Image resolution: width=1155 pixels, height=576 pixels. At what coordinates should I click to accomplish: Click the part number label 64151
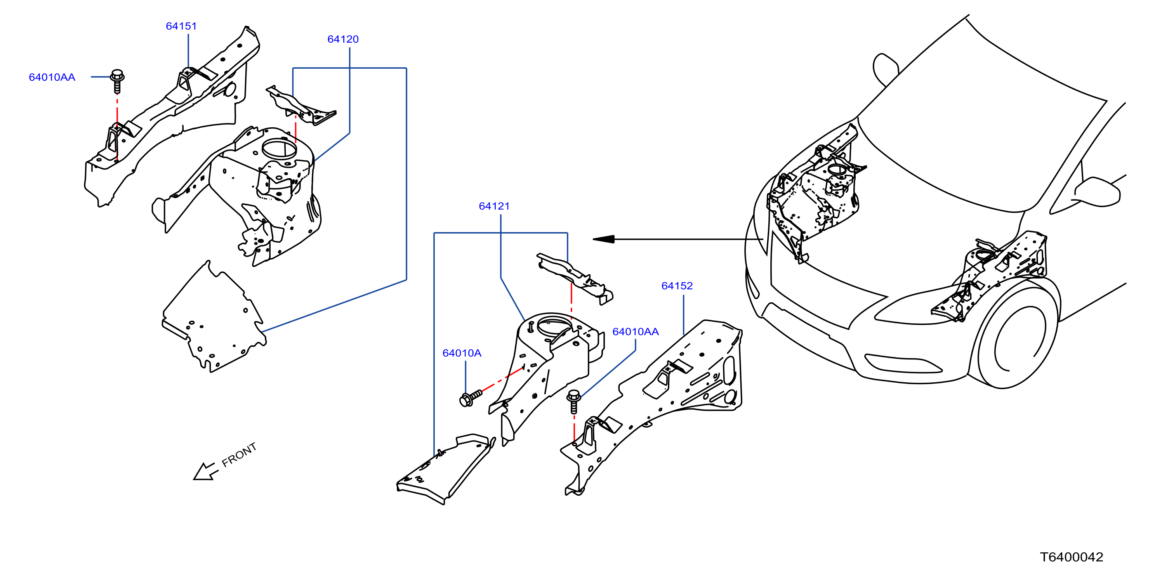click(x=181, y=26)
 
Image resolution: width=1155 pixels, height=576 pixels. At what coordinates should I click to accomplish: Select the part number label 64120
click(x=343, y=39)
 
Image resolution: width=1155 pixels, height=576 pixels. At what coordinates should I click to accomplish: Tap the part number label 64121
click(x=494, y=206)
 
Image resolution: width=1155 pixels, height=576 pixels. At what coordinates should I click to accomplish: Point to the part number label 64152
click(x=677, y=286)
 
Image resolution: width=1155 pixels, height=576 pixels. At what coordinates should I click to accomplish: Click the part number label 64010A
click(x=462, y=353)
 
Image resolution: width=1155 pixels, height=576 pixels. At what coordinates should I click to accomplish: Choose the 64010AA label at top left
click(x=52, y=77)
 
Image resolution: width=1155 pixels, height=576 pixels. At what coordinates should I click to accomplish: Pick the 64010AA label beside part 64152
click(x=636, y=332)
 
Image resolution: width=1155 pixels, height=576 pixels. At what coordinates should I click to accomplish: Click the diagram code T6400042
click(x=1072, y=557)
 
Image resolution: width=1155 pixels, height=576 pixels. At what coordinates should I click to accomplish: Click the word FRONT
click(x=239, y=455)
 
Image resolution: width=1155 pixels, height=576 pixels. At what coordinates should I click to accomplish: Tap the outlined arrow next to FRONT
click(x=205, y=472)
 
